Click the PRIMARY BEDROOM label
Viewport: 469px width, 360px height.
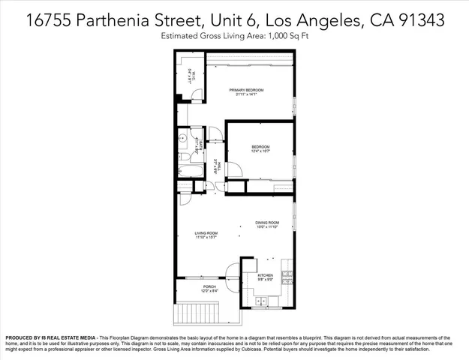(250, 91)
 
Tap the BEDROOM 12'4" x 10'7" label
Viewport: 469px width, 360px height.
(260, 148)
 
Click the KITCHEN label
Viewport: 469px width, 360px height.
(266, 277)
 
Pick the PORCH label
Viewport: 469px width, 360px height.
(209, 289)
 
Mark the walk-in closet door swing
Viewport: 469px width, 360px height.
(197, 96)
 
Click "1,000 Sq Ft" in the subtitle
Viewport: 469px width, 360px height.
(287, 36)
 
